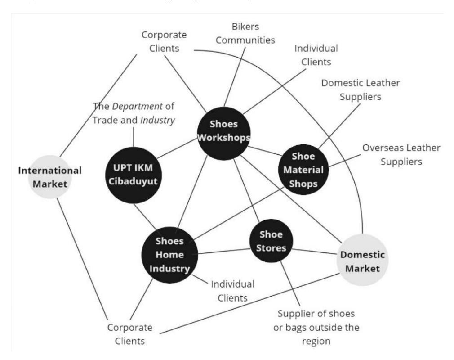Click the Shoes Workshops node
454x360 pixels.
click(x=224, y=133)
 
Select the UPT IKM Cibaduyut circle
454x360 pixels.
click(x=133, y=175)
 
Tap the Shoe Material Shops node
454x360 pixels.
click(x=303, y=170)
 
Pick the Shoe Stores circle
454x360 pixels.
click(x=271, y=241)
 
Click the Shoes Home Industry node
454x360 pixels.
click(x=169, y=255)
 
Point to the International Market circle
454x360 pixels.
click(x=50, y=177)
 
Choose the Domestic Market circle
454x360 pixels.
click(x=362, y=260)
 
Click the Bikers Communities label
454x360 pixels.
click(x=245, y=33)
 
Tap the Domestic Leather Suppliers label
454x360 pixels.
click(x=361, y=90)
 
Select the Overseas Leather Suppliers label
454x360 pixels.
click(x=401, y=154)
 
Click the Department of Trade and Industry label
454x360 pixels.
click(x=134, y=113)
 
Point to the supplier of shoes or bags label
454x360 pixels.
click(x=316, y=327)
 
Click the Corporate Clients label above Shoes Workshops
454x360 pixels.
click(x=164, y=41)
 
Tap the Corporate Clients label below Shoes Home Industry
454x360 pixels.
click(x=130, y=334)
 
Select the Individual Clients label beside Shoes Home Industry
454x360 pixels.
click(x=232, y=291)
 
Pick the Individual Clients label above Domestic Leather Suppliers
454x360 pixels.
click(x=316, y=55)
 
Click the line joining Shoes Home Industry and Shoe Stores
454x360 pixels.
click(x=224, y=251)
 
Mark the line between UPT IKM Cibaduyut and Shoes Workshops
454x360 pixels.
click(x=177, y=148)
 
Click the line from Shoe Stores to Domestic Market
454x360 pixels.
click(x=315, y=251)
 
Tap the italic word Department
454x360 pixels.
click(x=137, y=107)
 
